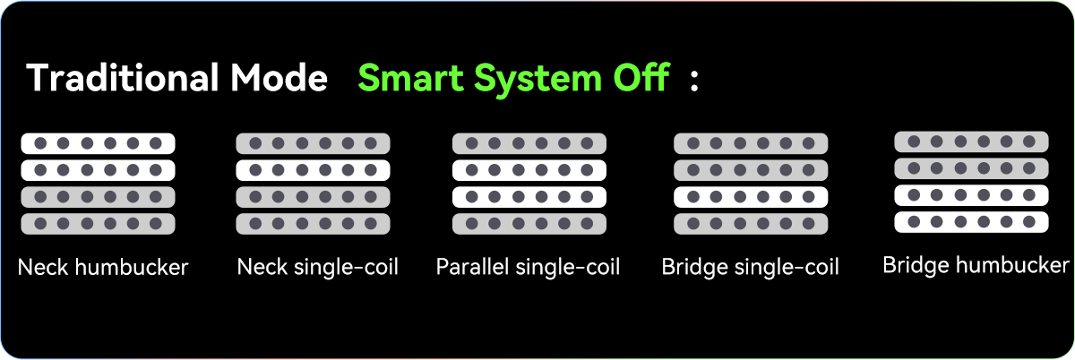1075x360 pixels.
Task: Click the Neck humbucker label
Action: click(103, 267)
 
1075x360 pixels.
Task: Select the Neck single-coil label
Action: click(318, 267)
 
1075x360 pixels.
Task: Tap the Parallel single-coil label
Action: click(528, 267)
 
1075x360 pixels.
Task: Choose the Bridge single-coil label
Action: click(750, 267)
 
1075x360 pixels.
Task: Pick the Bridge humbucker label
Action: click(976, 265)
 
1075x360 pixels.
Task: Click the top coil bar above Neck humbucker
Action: click(98, 143)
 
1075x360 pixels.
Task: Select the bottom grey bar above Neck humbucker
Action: click(98, 223)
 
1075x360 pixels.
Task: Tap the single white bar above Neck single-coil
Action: click(313, 170)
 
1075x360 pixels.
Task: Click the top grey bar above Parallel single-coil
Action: click(529, 143)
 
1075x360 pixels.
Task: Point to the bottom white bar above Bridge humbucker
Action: click(971, 221)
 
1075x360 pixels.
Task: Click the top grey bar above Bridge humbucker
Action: click(971, 141)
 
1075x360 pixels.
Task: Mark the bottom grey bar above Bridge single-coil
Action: click(751, 223)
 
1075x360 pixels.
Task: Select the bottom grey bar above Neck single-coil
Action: click(313, 223)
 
